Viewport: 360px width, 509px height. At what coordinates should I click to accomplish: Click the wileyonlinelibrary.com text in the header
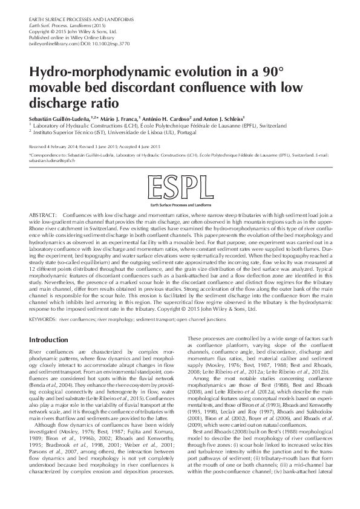[54, 44]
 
